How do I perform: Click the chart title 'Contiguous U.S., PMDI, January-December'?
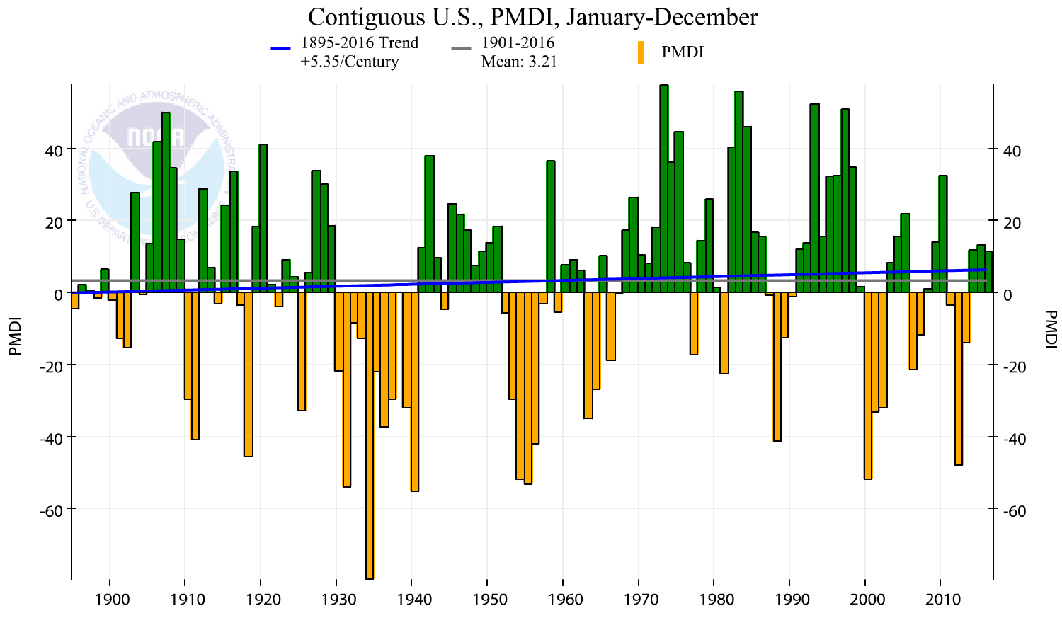click(532, 16)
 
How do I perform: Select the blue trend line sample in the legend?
click(281, 49)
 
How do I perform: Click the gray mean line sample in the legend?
click(461, 49)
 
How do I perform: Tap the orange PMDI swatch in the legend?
click(641, 52)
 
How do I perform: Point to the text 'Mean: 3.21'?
click(519, 62)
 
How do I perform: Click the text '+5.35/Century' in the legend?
click(350, 62)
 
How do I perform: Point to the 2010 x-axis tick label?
click(944, 600)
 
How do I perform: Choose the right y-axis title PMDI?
click(1050, 329)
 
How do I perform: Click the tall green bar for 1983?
click(739, 192)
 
